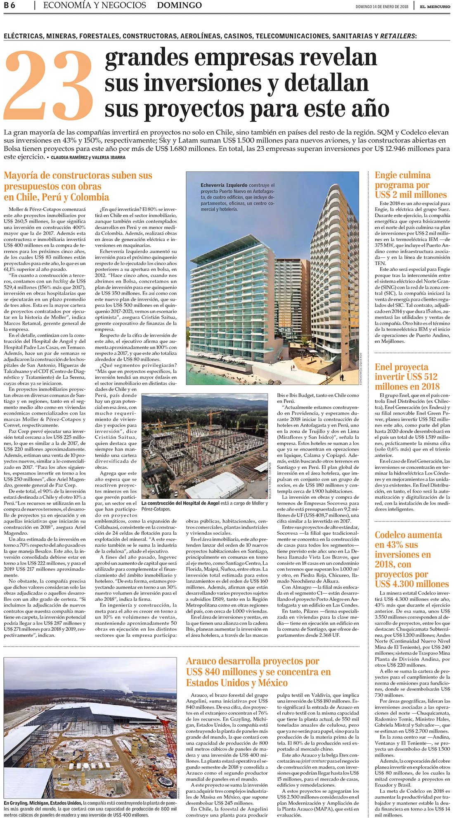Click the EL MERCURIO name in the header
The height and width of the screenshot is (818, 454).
coord(435,7)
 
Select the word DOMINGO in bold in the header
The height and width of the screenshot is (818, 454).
coord(180,6)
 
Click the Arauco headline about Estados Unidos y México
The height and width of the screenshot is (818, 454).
coord(258,672)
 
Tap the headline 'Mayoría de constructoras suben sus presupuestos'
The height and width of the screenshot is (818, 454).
coord(78,186)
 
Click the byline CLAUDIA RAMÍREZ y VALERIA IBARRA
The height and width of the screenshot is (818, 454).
coord(88,157)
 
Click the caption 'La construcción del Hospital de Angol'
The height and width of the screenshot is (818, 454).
coord(175,503)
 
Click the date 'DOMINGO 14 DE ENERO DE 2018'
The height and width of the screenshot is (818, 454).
coord(382,7)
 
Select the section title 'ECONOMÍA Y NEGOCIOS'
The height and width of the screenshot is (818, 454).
coord(95,6)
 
